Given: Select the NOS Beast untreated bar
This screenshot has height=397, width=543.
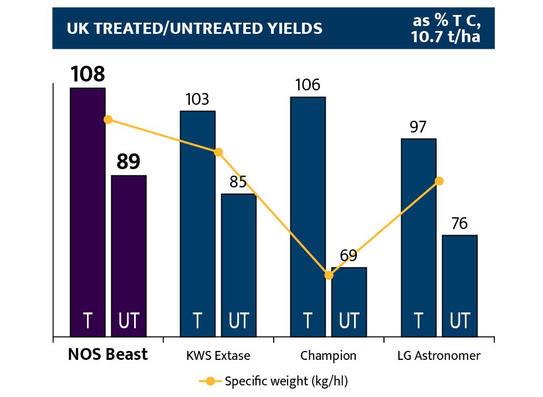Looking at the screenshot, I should [129, 256].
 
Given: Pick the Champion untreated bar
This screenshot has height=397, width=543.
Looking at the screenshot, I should [349, 302].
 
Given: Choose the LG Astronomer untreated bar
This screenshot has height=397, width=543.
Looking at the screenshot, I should [459, 286].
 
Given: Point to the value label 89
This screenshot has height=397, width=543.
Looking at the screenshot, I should [129, 162].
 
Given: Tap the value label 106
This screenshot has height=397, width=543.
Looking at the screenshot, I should [308, 85].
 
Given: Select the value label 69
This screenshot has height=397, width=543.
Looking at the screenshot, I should [349, 256].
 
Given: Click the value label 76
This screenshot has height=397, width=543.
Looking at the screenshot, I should [459, 223].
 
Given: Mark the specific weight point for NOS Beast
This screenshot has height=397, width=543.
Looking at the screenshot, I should [108, 119].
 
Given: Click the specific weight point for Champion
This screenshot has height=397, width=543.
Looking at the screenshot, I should [329, 275].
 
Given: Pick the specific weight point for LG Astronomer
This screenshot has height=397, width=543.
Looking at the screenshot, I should [439, 181].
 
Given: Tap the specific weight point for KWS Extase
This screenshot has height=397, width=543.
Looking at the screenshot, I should [218, 152].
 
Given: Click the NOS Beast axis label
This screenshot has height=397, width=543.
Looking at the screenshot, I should [108, 354].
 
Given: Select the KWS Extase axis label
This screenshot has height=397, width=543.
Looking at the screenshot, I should [218, 355].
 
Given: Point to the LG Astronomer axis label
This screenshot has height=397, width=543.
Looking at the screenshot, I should [439, 355].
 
